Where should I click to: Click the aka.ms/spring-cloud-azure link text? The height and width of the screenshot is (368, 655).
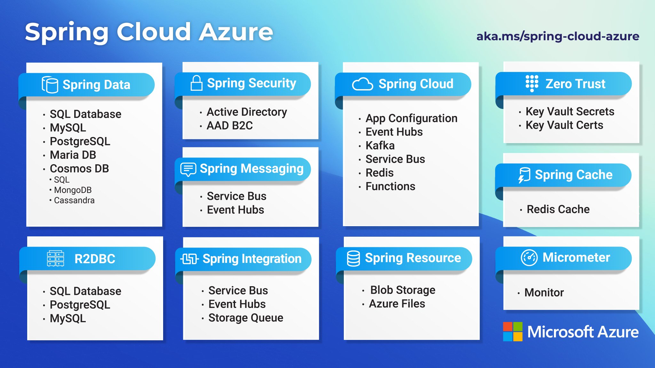point(557,36)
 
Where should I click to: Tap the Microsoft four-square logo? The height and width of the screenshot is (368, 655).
point(512,332)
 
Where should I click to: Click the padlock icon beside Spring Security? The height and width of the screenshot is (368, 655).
point(196,83)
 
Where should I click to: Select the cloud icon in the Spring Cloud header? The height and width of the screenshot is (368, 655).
point(362,84)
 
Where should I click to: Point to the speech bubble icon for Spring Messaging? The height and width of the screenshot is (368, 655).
point(188,169)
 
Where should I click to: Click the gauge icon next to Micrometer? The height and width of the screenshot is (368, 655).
point(529,257)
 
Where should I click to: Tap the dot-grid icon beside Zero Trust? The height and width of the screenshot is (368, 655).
point(532,83)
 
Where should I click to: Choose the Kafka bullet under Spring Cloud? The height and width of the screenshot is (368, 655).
point(380,145)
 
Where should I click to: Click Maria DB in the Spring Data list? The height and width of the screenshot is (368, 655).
point(73,155)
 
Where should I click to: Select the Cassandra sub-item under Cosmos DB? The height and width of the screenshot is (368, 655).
point(74,200)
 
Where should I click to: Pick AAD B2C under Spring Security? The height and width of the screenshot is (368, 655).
point(230,126)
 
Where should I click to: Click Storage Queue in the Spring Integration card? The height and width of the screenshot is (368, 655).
point(246,318)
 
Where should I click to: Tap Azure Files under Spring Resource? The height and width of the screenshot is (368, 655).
point(397,303)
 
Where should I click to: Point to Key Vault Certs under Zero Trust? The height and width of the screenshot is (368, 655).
point(564,125)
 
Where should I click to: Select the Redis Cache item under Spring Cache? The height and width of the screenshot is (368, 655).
point(558,209)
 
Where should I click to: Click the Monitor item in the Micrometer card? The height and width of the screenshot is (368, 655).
point(544,292)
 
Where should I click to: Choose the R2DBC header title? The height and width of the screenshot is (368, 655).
point(95,259)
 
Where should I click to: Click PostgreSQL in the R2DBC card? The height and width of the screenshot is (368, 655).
point(80,305)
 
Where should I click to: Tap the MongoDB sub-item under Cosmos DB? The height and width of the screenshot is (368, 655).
point(73,190)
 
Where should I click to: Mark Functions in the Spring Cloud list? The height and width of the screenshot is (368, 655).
point(390,186)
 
